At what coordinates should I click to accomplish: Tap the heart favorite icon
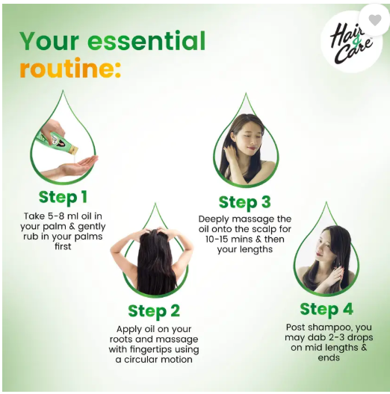coord(374,19)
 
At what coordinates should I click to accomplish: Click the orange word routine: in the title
coord(70,68)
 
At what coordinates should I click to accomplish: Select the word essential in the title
coord(146,41)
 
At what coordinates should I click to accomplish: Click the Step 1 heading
coord(63,197)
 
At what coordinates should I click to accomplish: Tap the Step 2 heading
coord(154,311)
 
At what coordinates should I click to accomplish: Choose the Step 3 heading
coord(244,202)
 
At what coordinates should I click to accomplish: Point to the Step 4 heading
coord(326,309)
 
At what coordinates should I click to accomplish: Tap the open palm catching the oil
coord(75,166)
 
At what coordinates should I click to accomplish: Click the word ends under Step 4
coord(328,357)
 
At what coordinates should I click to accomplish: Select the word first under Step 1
coord(63,246)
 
